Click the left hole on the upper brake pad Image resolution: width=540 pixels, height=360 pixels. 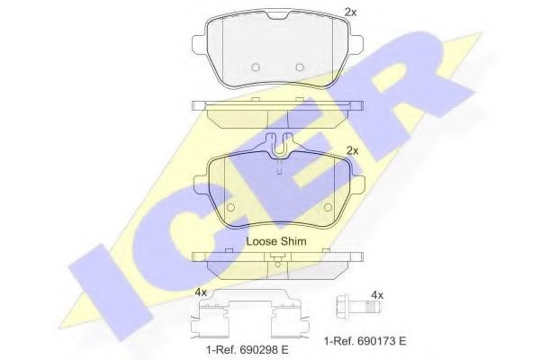click(x=256, y=66)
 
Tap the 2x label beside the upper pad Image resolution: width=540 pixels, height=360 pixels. click(x=350, y=12)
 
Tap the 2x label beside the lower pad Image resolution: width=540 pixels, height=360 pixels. click(x=353, y=150)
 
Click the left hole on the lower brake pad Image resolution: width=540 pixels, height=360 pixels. click(x=229, y=207)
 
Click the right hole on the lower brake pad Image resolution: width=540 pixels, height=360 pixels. click(x=332, y=207)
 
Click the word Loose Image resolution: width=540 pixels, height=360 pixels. click(x=264, y=242)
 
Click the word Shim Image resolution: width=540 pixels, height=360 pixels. click(x=295, y=242)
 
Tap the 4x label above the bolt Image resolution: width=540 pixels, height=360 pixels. click(x=377, y=294)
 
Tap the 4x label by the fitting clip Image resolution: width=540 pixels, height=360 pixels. click(x=200, y=292)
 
